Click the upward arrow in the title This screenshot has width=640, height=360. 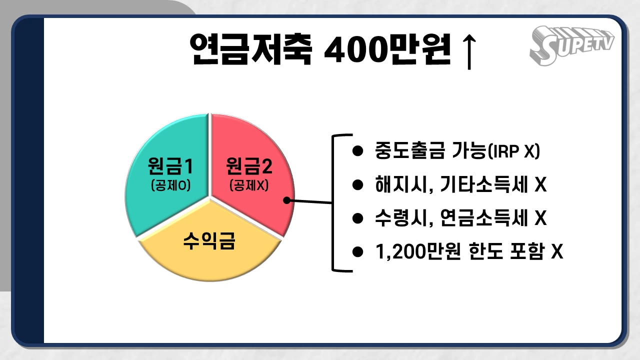tap(469, 52)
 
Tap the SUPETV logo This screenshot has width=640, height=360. tap(571, 45)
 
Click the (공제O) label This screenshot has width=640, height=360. tap(171, 185)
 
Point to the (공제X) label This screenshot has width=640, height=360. tap(249, 185)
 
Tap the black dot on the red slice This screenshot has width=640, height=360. tap(287, 200)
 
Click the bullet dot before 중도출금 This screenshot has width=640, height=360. tap(357, 151)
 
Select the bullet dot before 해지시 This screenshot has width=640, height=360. tap(357, 185)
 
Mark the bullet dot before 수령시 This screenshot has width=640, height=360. tap(357, 218)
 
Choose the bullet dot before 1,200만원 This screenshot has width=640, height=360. tap(357, 252)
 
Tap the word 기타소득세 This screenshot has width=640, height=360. tap(484, 184)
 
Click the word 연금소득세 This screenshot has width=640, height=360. tap(484, 218)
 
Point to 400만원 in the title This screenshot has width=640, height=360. tap(387, 49)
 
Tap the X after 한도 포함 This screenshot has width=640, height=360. tap(557, 251)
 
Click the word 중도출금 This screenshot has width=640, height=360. tap(410, 151)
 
